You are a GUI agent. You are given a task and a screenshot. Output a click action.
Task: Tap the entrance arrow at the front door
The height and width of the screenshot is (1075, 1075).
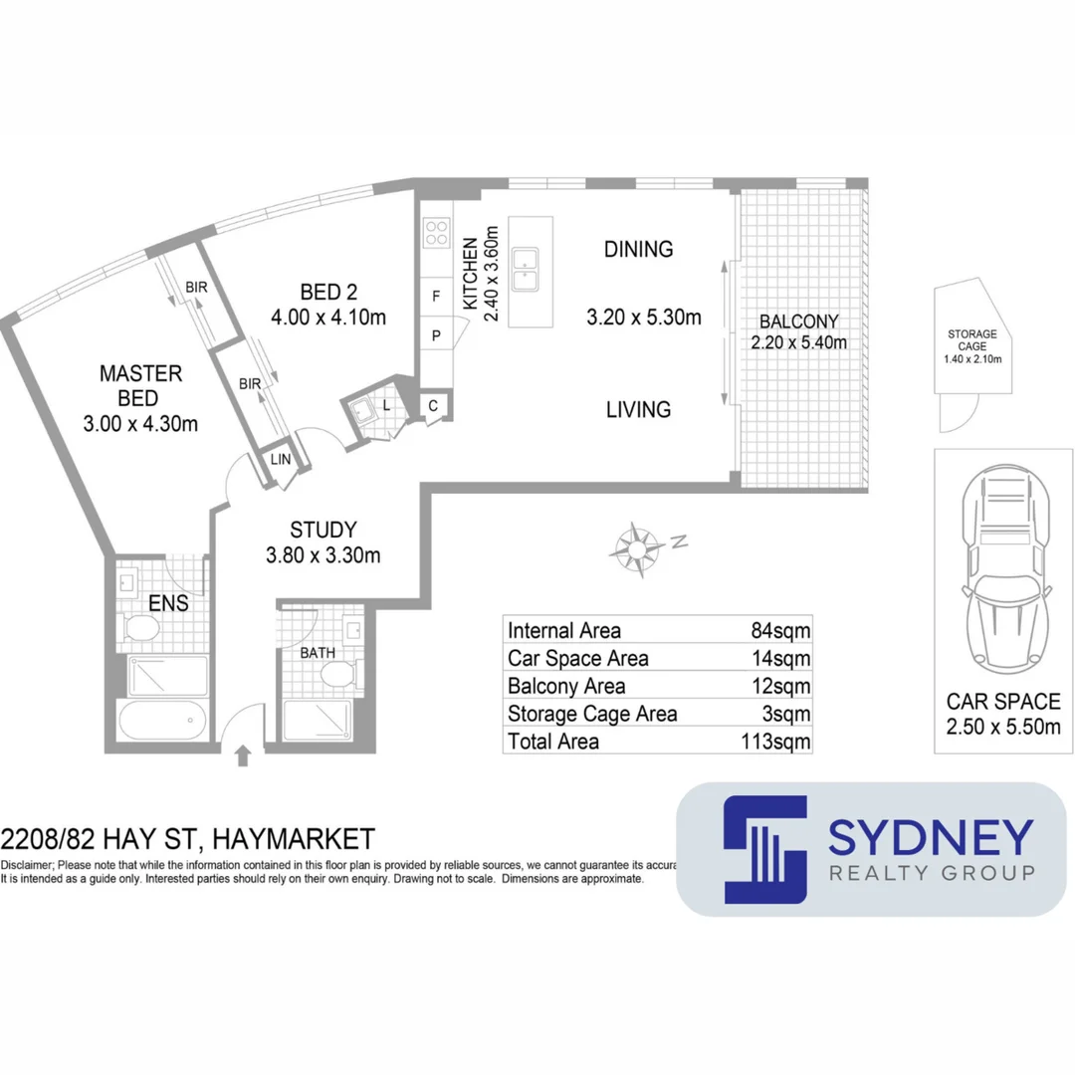pos(242,755)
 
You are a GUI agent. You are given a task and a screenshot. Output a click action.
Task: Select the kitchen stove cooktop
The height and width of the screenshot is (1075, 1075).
pos(436,233)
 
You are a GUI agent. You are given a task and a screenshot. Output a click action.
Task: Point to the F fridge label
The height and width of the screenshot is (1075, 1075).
pos(435,296)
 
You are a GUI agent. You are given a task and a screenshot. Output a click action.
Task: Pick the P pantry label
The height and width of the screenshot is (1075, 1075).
pos(435,336)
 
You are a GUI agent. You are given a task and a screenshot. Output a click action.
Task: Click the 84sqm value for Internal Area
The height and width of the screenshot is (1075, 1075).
pos(780,631)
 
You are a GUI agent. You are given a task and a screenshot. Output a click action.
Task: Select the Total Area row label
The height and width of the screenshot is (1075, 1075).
pos(553,742)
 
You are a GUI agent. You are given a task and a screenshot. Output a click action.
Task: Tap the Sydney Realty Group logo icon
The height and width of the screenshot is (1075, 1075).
pos(764,849)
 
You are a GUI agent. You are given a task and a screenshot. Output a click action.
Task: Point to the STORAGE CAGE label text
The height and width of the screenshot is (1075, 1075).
pos(971,340)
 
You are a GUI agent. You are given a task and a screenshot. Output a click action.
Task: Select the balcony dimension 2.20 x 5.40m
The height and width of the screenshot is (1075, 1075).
pos(799,342)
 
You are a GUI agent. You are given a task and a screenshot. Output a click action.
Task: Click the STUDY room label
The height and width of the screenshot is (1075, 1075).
pos(322,531)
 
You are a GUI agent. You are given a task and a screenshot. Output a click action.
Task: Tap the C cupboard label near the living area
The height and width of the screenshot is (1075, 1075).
pos(434,405)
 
